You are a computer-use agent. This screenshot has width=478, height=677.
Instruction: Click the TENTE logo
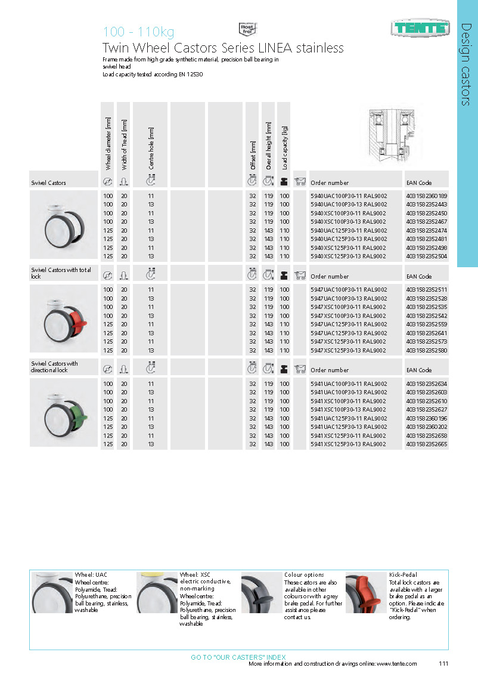point(420,27)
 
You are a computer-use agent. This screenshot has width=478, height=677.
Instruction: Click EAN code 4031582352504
point(426,256)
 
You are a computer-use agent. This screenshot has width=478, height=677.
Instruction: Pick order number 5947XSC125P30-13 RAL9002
point(349,350)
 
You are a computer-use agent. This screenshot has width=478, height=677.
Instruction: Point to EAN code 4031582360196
point(426,418)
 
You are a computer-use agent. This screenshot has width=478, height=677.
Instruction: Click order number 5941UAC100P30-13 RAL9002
point(349,392)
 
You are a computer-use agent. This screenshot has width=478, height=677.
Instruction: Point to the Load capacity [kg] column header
point(284,147)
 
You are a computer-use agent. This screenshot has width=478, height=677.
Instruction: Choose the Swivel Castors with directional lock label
point(54,367)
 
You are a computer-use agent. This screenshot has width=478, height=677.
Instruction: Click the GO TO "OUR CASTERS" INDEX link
point(238,657)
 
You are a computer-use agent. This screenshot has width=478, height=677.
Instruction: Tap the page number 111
point(443,663)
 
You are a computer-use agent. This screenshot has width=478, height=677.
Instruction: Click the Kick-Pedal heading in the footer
point(402,575)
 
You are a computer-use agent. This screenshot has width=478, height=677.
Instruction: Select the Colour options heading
point(304,575)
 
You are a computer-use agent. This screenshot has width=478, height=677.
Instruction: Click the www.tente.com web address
point(396,663)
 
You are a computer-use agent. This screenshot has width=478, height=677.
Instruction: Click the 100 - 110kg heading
point(138,32)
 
